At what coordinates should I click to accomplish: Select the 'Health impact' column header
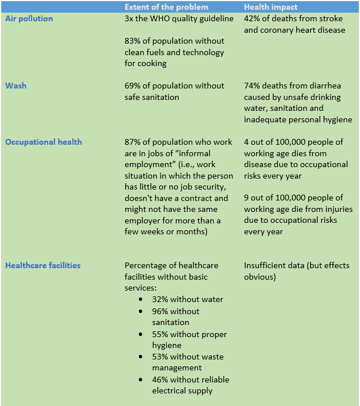click(270, 7)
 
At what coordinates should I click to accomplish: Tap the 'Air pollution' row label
click(29, 18)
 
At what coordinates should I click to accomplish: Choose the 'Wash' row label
click(16, 86)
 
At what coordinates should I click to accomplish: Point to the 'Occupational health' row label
click(44, 142)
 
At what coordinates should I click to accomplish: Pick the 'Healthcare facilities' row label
click(43, 265)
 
